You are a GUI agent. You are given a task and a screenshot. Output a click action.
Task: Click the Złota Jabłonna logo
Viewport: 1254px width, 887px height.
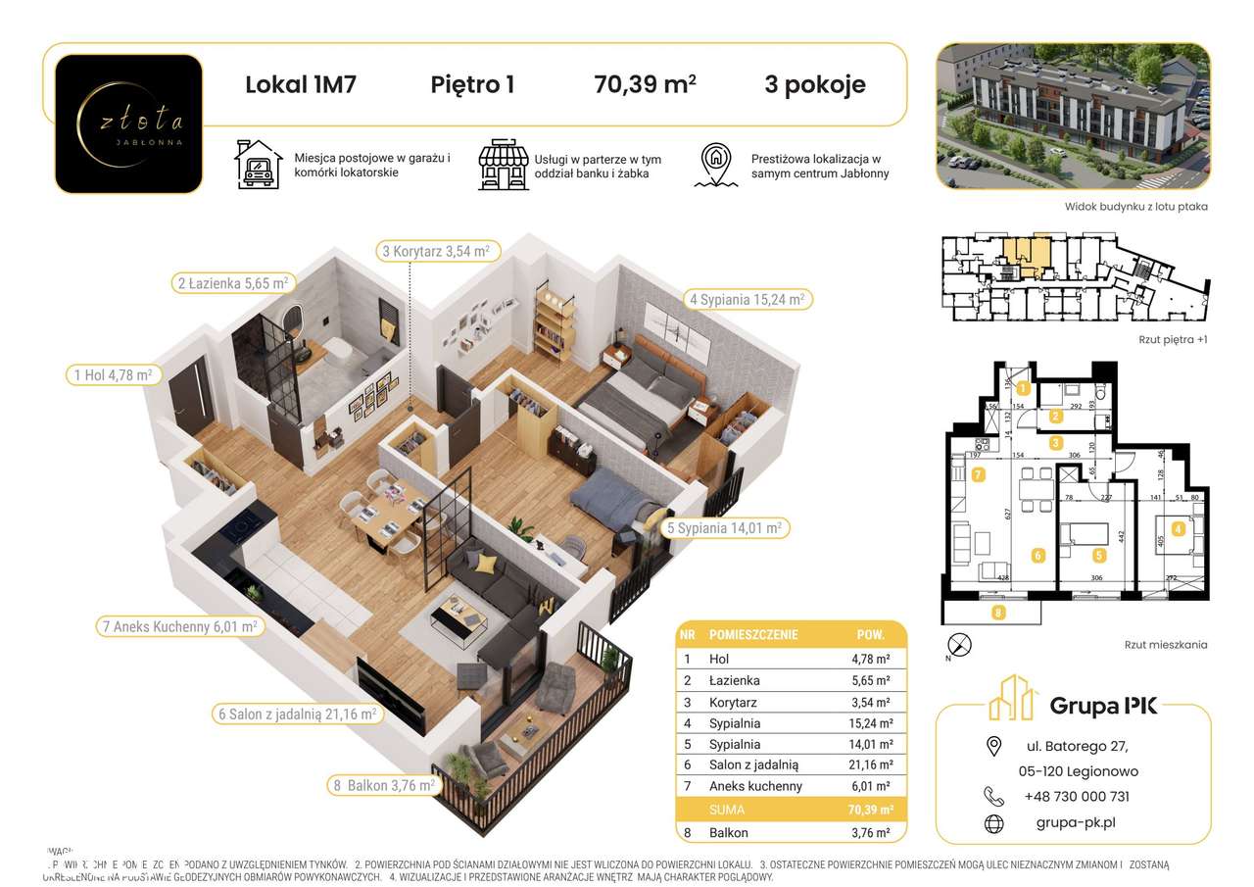coord(128,123)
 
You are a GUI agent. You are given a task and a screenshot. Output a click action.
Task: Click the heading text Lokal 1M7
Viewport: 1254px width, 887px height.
coord(300,84)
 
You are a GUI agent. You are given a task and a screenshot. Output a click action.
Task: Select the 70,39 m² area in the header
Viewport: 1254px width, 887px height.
coord(645,84)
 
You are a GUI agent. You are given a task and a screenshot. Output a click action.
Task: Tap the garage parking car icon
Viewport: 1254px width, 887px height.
coord(257,165)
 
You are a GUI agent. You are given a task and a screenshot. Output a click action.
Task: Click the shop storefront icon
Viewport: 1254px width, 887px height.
coord(502,165)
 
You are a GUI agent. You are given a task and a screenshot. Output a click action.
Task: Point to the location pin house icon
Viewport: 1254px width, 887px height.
coord(717,165)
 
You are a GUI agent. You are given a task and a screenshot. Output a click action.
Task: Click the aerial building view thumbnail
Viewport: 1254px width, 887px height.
coord(1072,116)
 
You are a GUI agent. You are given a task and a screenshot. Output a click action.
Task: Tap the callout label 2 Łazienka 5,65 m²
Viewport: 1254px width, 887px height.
coord(232,284)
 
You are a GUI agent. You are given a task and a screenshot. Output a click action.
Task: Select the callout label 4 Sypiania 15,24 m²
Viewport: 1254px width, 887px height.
coord(747,299)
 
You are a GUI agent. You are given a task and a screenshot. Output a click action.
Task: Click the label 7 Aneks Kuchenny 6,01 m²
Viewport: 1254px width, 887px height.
coord(178,626)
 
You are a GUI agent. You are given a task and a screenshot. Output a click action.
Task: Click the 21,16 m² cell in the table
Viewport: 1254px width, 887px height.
coord(869,764)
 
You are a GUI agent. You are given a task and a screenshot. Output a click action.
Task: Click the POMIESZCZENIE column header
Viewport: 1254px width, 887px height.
coord(753,634)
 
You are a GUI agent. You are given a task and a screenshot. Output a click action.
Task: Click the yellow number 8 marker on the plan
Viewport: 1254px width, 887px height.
coord(997,615)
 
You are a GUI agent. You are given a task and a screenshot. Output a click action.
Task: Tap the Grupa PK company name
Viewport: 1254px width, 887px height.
coord(1103,704)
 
